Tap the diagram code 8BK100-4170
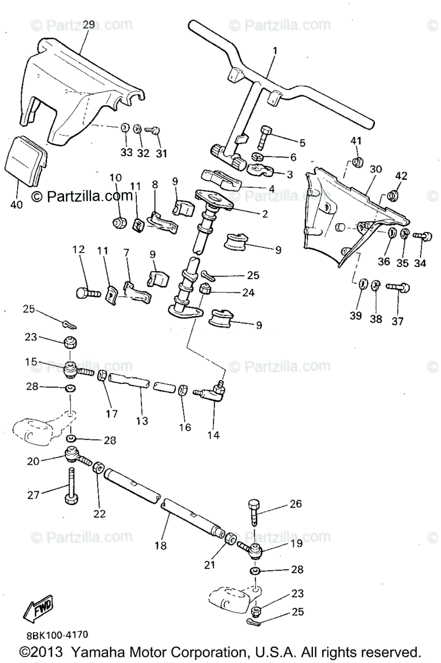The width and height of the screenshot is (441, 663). click(x=55, y=635)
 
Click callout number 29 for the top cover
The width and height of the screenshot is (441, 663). click(x=89, y=25)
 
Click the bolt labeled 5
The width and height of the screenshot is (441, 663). click(x=264, y=134)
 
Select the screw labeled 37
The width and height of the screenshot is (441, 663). click(x=396, y=287)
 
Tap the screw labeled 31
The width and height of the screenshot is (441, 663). click(x=153, y=130)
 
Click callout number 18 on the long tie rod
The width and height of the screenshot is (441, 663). click(x=160, y=546)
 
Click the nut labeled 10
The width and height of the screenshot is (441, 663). click(x=118, y=222)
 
